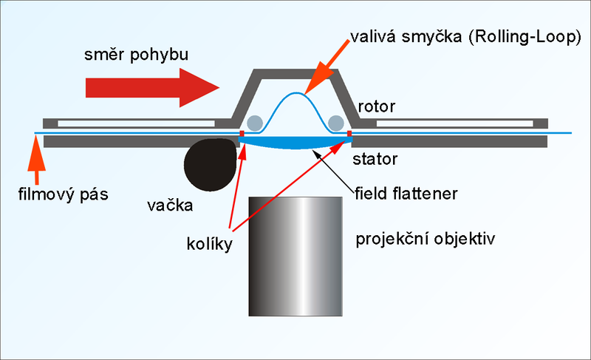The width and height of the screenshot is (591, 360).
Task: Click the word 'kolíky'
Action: coord(211,242)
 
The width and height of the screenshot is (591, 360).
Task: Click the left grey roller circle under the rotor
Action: coord(255,122)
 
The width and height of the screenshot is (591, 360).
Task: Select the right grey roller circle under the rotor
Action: coord(336,122)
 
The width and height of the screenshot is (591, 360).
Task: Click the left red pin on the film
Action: coord(242,134)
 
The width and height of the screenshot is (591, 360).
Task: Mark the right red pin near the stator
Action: coord(349,134)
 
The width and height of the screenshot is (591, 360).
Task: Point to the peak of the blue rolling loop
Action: coord(296,94)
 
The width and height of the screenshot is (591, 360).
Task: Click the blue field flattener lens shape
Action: coord(295,143)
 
